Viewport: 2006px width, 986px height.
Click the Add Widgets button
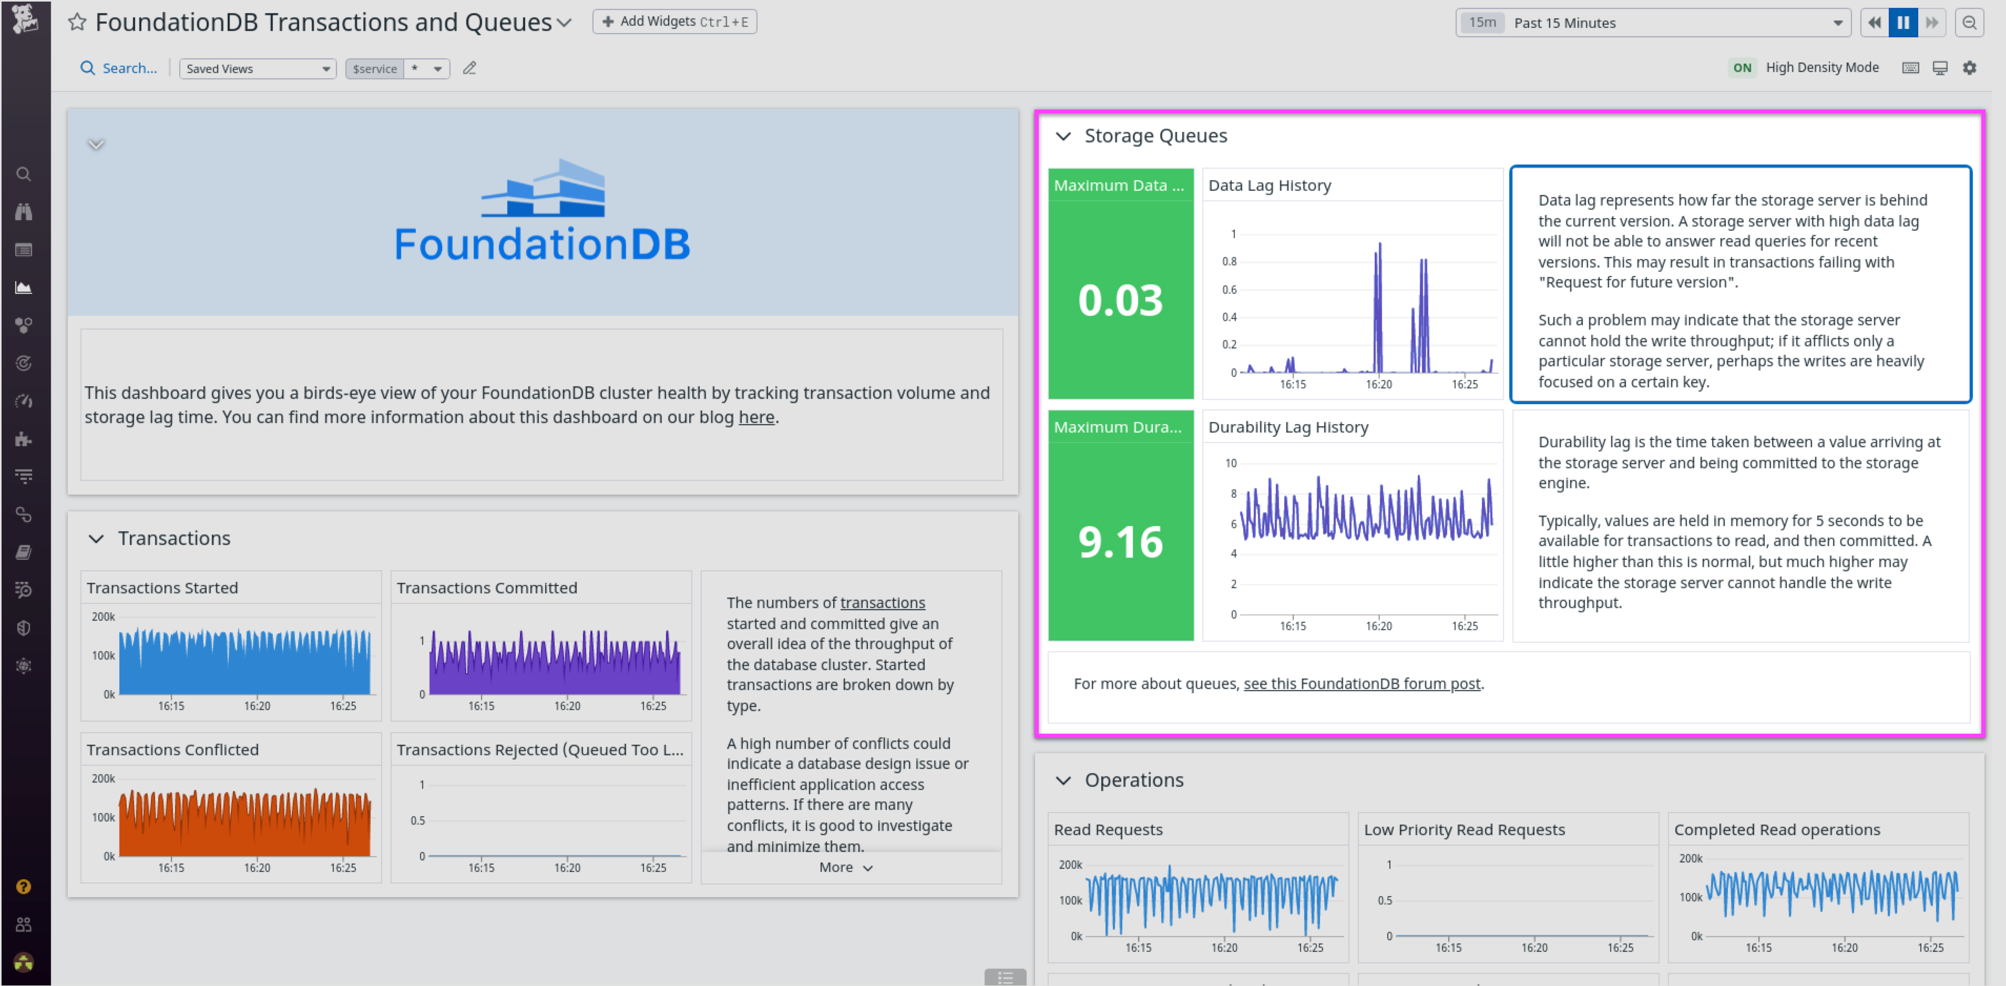click(x=674, y=22)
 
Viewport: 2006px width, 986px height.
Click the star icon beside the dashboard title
click(x=76, y=22)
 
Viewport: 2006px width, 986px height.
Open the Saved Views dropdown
click(x=258, y=68)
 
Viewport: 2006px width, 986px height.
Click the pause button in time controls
click(x=1902, y=23)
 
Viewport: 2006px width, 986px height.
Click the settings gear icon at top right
click(x=1969, y=68)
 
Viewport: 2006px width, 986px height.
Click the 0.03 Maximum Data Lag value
click(x=1120, y=300)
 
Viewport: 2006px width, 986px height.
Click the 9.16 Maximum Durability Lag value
click(x=1120, y=541)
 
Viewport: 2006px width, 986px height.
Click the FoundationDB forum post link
click(x=1361, y=684)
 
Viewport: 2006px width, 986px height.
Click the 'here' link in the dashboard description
click(x=756, y=417)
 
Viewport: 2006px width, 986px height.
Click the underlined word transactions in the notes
click(x=882, y=603)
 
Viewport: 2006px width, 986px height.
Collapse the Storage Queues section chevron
click(x=1063, y=136)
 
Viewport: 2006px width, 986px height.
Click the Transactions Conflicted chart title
click(x=172, y=749)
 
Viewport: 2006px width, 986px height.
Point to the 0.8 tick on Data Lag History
click(x=1229, y=262)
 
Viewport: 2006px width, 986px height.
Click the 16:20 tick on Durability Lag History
click(x=1378, y=626)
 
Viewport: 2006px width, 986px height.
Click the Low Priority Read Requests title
click(x=1464, y=829)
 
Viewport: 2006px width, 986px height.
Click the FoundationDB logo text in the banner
click(x=542, y=244)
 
